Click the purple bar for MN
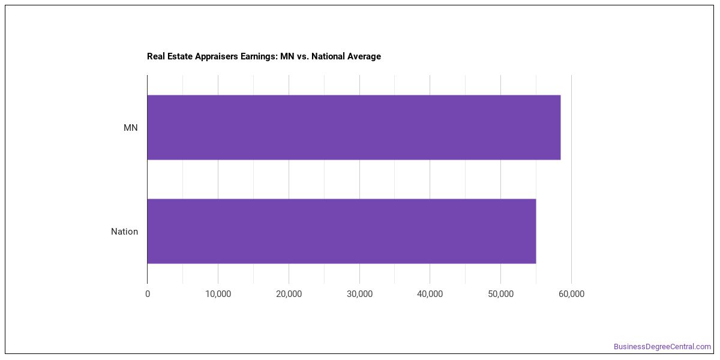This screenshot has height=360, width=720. [x=354, y=127]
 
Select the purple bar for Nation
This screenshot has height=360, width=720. [x=341, y=232]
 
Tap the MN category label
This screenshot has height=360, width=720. [x=131, y=128]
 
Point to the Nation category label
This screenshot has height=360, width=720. [x=124, y=232]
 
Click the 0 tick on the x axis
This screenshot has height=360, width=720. [x=148, y=294]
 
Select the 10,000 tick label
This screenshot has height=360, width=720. [x=218, y=294]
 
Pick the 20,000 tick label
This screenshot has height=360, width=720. [x=289, y=294]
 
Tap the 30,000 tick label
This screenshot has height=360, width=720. [x=359, y=294]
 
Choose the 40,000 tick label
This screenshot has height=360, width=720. [x=430, y=294]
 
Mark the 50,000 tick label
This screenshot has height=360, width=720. [x=501, y=294]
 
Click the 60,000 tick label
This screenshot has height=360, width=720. [x=571, y=294]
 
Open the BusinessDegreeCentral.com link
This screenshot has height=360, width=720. [x=662, y=347]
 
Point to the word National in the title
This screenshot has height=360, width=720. [x=328, y=56]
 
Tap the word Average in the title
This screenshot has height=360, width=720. [x=364, y=56]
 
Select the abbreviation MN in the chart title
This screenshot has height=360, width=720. [x=287, y=56]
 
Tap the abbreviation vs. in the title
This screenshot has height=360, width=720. [x=303, y=57]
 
